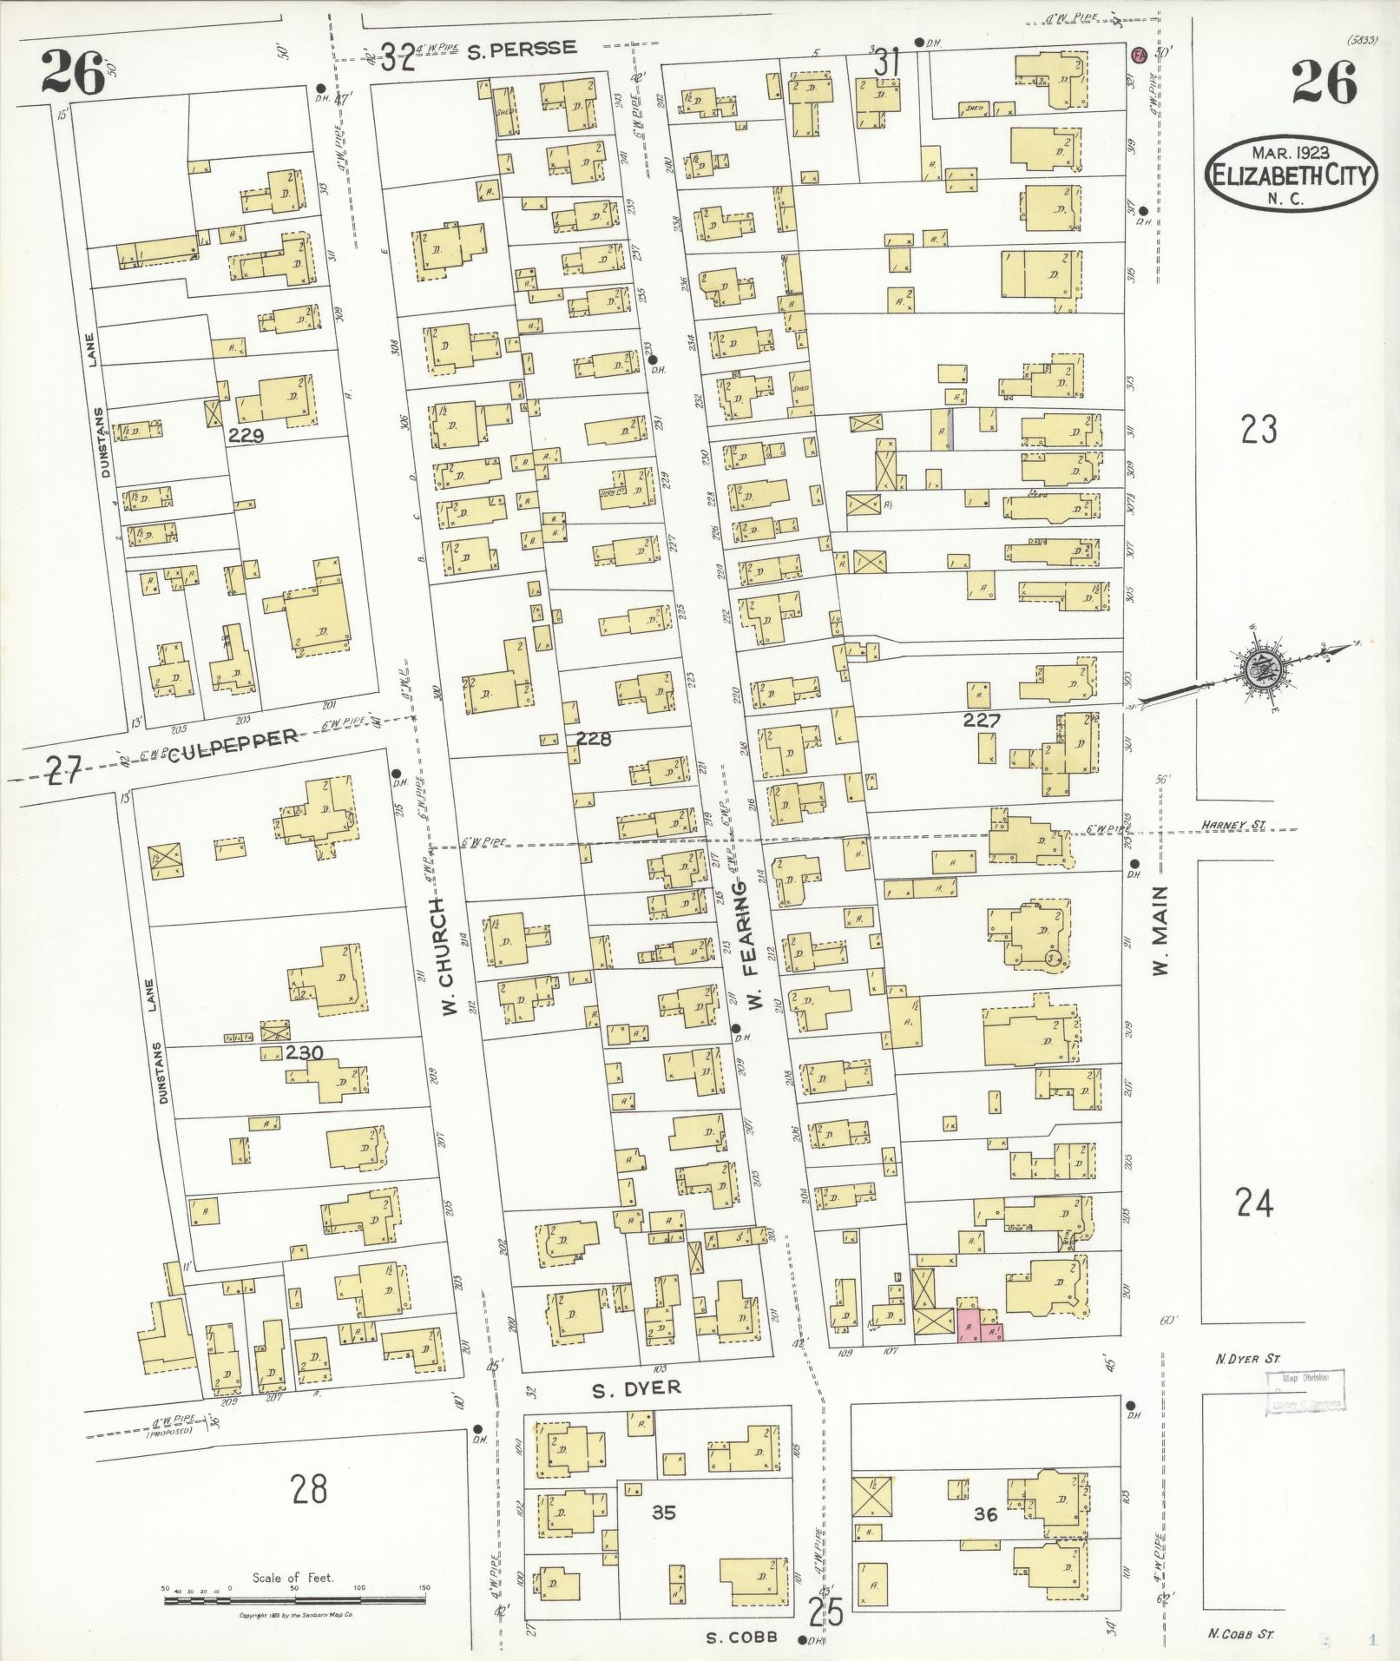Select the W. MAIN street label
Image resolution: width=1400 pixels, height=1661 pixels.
1162,930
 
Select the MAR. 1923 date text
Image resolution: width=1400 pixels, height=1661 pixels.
1290,152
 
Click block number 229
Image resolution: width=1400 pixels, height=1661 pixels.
246,436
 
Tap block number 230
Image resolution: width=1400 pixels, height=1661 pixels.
304,1053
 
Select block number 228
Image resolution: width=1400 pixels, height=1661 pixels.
594,739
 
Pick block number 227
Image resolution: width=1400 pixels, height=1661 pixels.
982,719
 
